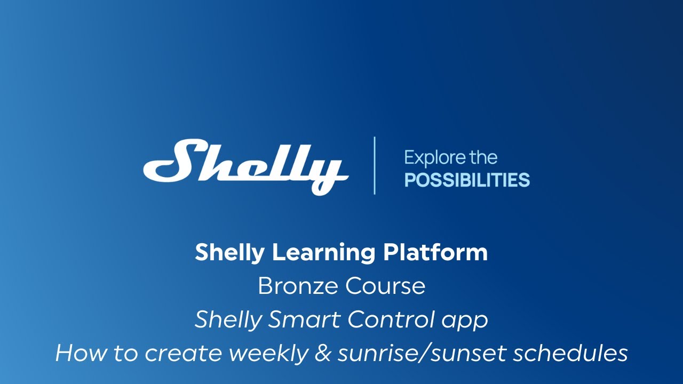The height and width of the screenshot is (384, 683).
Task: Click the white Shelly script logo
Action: click(x=245, y=165)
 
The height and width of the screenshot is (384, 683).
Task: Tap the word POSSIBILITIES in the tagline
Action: click(x=467, y=180)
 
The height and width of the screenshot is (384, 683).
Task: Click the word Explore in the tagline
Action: click(x=432, y=158)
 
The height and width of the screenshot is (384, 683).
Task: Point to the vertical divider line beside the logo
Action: click(x=375, y=165)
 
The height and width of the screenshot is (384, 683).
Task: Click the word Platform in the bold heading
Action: click(x=435, y=252)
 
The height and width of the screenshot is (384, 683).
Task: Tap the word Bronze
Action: click(x=297, y=286)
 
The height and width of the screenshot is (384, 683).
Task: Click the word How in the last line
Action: click(x=76, y=353)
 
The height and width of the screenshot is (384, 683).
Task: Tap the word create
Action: click(x=171, y=354)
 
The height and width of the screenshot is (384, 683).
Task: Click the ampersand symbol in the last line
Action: click(x=322, y=354)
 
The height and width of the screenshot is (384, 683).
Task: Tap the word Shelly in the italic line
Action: click(x=228, y=320)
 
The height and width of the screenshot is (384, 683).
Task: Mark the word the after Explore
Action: click(x=482, y=158)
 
